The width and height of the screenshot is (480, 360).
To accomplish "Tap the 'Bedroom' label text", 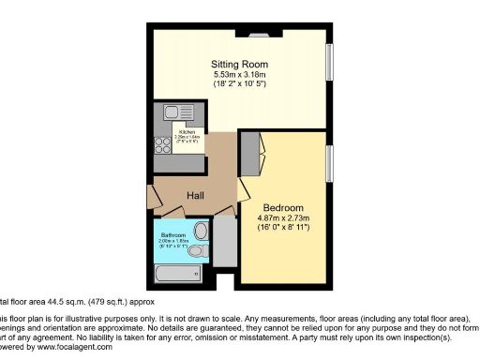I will [x=282, y=207].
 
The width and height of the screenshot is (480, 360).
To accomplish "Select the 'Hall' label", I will [x=196, y=195].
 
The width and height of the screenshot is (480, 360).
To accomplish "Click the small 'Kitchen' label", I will [x=175, y=132].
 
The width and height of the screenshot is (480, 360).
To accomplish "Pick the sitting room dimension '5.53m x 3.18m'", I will [x=238, y=75].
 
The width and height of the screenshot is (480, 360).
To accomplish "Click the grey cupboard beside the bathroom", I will [x=224, y=241].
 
